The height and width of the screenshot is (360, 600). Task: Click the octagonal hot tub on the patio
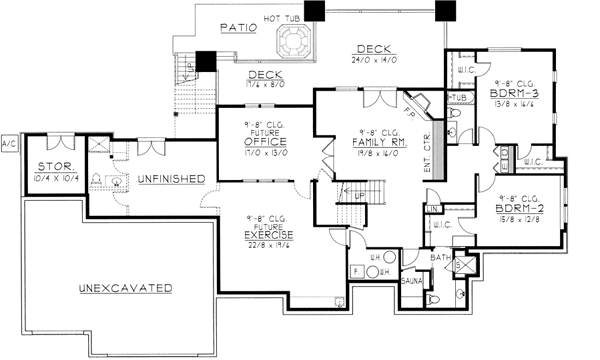click(295, 41)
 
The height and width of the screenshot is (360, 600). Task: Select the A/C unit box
click(10, 142)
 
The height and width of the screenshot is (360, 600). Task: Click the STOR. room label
click(52, 166)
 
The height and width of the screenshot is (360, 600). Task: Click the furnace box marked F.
click(357, 270)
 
